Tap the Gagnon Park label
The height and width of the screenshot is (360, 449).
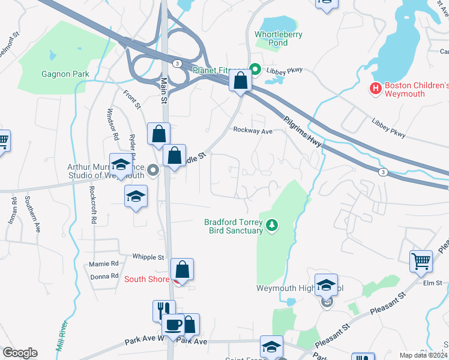(x=65, y=74)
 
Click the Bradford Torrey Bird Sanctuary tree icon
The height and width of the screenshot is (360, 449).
(x=273, y=226)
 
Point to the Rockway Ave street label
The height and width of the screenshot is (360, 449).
(x=253, y=130)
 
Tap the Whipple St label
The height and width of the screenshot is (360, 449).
(x=148, y=257)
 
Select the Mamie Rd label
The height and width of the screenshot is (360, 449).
(x=104, y=263)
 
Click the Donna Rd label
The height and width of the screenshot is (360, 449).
(x=104, y=276)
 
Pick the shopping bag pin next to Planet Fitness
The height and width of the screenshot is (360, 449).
(x=240, y=80)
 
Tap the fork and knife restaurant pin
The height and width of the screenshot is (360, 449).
(x=164, y=311)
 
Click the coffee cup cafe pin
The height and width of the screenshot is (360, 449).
(x=173, y=325)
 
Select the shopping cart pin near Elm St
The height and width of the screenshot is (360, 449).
(x=421, y=262)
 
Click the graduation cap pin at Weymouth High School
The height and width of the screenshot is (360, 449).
(x=326, y=285)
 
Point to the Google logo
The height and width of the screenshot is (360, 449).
(x=20, y=353)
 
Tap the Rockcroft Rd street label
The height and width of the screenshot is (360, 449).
(x=92, y=205)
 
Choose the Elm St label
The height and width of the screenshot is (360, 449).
(x=432, y=283)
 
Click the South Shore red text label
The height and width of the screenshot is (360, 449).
(x=147, y=279)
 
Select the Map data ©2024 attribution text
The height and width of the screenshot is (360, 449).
(x=423, y=355)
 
